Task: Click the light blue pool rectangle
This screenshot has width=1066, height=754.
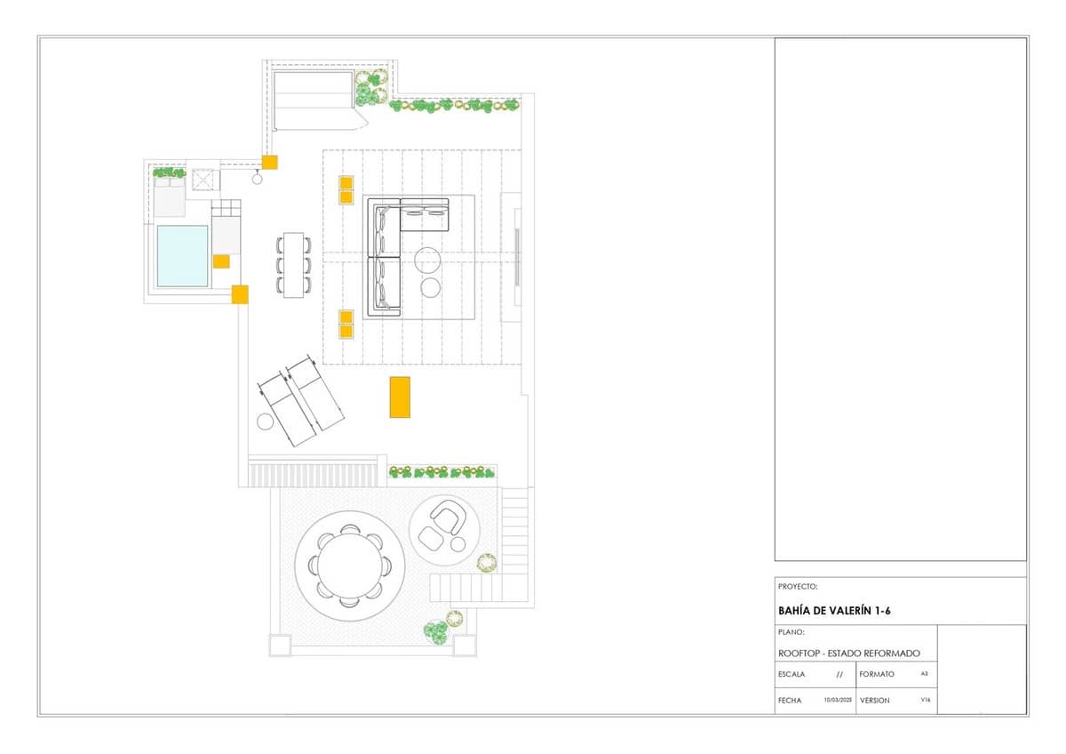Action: [x=182, y=256]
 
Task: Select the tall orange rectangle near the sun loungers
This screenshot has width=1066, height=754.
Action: [x=400, y=397]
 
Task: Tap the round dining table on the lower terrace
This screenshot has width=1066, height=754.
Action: [x=350, y=565]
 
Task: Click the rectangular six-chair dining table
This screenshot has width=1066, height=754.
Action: [x=293, y=264]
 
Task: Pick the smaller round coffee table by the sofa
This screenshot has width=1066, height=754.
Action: [x=431, y=287]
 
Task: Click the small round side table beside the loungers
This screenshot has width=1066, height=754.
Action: [x=265, y=422]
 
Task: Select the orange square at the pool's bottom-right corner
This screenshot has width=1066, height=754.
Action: [x=240, y=294]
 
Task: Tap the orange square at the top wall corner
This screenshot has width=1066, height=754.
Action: [x=269, y=162]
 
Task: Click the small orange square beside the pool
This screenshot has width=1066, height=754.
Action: [x=220, y=261]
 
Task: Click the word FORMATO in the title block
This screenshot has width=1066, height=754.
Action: [x=877, y=674]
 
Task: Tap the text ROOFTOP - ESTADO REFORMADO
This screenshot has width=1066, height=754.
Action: [x=848, y=653]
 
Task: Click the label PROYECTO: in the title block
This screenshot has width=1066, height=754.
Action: [x=797, y=587]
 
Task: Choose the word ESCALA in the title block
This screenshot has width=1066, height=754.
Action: [x=791, y=674]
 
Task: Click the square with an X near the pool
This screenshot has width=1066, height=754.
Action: [x=204, y=180]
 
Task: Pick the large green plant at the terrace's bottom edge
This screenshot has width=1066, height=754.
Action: [x=435, y=632]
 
